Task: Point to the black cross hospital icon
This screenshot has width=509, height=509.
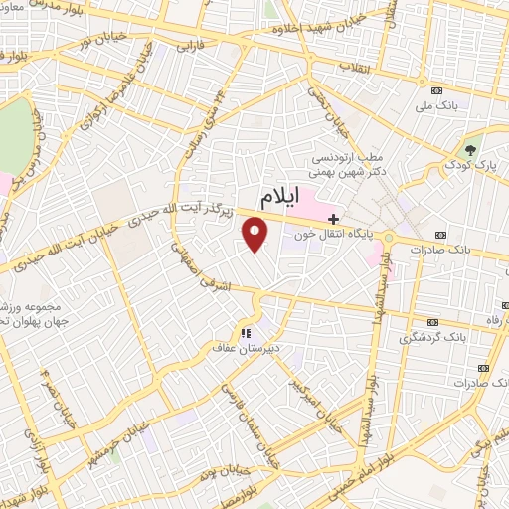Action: coord(333,218)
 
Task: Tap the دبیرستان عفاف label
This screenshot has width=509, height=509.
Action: coord(246,348)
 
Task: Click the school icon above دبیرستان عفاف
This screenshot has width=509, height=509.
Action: coord(246,332)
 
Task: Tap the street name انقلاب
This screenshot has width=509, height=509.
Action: coord(354,67)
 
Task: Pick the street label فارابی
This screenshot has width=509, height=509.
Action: coord(189,47)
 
